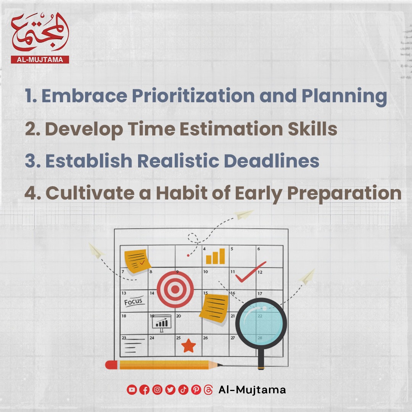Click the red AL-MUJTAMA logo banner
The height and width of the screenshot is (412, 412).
[x=40, y=60]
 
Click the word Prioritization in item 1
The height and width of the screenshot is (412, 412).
[x=193, y=96]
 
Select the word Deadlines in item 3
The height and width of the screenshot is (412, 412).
[x=272, y=161]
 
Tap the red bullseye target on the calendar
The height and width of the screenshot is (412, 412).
[x=175, y=289]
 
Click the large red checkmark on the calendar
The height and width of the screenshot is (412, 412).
[x=251, y=272]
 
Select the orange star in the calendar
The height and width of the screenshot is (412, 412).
[x=189, y=346]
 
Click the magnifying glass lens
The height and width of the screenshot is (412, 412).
[x=261, y=323]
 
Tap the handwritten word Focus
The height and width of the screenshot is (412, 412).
[x=133, y=301]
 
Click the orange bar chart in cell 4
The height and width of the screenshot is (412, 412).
[x=216, y=256]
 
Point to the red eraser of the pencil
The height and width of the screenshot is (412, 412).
[x=111, y=365]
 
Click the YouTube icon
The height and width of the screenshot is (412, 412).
[x=132, y=389]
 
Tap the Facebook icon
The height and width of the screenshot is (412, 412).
[x=145, y=389]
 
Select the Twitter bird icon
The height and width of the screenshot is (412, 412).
[x=170, y=389]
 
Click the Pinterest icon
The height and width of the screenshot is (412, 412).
[x=196, y=389]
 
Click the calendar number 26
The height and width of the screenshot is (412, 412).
[x=206, y=338]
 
